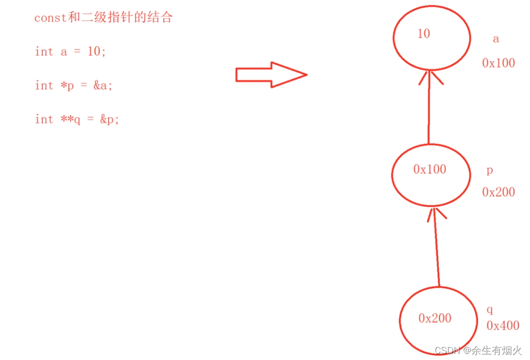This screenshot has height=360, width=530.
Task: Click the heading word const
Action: (50, 18)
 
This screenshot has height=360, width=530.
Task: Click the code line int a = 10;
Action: (70, 51)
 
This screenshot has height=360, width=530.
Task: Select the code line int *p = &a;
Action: (73, 85)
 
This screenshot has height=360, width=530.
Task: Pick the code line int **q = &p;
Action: (77, 119)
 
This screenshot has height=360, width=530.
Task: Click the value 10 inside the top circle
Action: (423, 34)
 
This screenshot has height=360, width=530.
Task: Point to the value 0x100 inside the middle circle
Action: (430, 170)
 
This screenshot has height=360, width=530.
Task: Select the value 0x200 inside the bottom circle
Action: (435, 318)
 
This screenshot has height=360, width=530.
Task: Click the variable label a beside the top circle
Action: (495, 39)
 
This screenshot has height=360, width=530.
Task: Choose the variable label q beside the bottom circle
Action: (490, 310)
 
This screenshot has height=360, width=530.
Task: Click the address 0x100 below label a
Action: (498, 63)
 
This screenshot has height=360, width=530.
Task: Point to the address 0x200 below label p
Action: (498, 192)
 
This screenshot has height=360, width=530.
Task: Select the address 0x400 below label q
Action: (502, 326)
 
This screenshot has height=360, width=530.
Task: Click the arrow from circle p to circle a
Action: (429, 109)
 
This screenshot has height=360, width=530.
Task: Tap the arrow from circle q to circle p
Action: (437, 250)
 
